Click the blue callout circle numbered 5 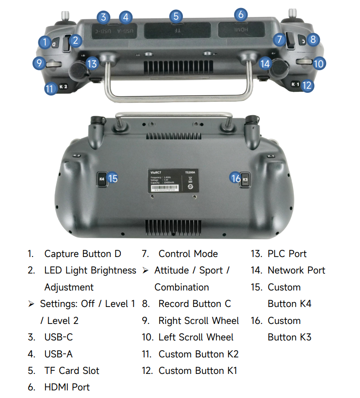pyautogui.click(x=176, y=17)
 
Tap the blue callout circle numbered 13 pyautogui.click(x=92, y=63)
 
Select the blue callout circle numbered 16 pyautogui.click(x=235, y=178)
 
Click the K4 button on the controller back pyautogui.click(x=101, y=179)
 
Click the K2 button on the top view pyautogui.click(x=63, y=87)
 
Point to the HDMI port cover pyautogui.click(x=240, y=29)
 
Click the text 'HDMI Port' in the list pyautogui.click(x=67, y=387)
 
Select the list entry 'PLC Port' pyautogui.click(x=287, y=254)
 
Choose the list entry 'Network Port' pyautogui.click(x=296, y=270)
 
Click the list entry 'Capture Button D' pyautogui.click(x=83, y=254)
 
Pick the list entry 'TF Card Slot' pyautogui.click(x=71, y=371)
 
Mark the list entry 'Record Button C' pyautogui.click(x=194, y=304)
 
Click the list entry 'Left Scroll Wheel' pyautogui.click(x=196, y=337)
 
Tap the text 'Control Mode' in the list pyautogui.click(x=188, y=254)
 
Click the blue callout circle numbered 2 pyautogui.click(x=75, y=41)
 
